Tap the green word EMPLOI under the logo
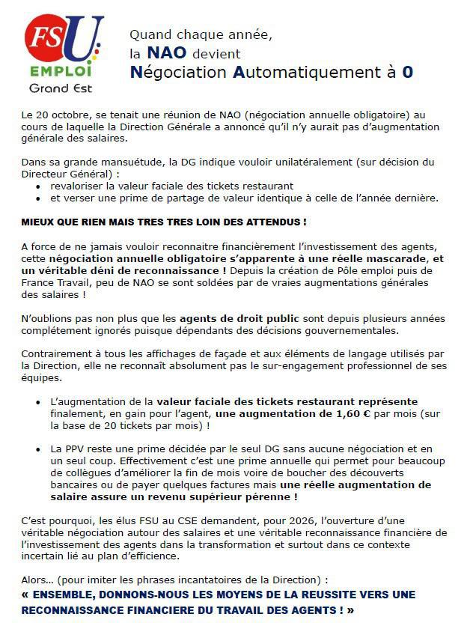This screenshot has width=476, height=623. coord(61,73)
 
